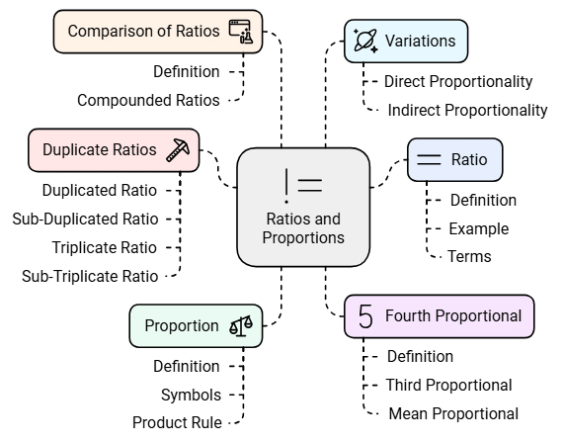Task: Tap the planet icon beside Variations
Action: click(364, 41)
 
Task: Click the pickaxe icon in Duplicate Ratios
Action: click(178, 149)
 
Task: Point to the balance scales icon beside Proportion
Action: click(241, 325)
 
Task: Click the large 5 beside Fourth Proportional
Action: click(365, 316)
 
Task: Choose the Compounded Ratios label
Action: click(148, 99)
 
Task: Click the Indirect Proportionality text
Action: click(467, 110)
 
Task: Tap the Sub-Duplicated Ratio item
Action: click(85, 219)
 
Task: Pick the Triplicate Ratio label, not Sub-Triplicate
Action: click(104, 247)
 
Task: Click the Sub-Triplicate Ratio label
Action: click(89, 276)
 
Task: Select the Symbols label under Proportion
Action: click(190, 395)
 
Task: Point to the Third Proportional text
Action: click(448, 385)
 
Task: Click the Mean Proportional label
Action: click(453, 413)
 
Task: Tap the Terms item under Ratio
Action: click(469, 256)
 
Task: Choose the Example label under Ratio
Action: click(478, 228)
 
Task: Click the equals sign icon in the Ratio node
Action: click(429, 159)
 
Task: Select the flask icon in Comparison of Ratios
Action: click(240, 32)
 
